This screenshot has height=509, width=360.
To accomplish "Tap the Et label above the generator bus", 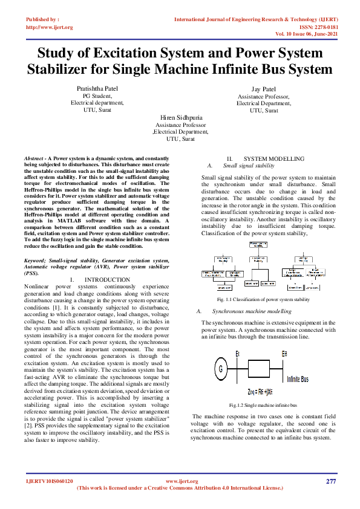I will tap(238, 353).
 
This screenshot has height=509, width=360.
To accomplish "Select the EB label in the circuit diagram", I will tap(284, 353).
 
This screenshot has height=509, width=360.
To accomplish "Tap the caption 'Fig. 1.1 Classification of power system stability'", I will tap(263, 299).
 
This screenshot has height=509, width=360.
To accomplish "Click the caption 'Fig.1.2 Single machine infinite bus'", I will tap(263, 404).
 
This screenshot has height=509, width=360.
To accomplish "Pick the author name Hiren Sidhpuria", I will tap(182, 117).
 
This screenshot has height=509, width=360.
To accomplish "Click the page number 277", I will tap(330, 481).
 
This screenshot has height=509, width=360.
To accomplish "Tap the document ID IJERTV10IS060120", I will tap(50, 481).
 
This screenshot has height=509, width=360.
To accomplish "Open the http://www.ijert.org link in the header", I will tap(50, 27).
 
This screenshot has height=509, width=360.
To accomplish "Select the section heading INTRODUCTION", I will tap(105, 279).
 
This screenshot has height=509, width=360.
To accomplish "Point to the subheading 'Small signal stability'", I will tap(249, 164).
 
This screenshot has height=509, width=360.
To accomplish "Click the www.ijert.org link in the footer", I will tap(182, 481).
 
